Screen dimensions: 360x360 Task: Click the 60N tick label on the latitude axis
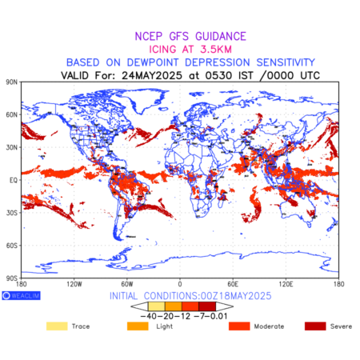point(11,115)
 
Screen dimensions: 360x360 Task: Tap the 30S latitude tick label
point(11,213)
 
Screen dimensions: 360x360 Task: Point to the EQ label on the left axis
point(14,180)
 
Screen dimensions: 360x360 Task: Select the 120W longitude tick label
point(74,284)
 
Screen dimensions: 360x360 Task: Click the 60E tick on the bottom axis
point(233,284)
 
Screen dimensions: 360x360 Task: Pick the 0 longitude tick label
point(180,284)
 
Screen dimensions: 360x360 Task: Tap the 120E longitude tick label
point(286,284)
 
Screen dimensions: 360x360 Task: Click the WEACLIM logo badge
point(21,295)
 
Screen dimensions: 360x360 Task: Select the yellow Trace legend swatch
point(57,326)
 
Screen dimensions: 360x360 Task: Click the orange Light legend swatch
point(138,326)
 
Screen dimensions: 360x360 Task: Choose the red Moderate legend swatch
point(239,326)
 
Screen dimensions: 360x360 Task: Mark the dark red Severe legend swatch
point(315,326)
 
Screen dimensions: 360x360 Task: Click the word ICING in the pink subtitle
point(162,50)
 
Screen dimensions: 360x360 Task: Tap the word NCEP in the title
point(149,36)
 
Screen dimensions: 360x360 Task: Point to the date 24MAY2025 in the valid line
point(152,75)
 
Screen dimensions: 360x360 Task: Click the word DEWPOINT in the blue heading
point(153,62)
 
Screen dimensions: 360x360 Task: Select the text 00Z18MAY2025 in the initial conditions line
point(234,296)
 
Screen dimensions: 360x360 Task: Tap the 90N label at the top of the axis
point(11,82)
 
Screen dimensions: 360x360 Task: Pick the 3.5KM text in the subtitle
point(216,50)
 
